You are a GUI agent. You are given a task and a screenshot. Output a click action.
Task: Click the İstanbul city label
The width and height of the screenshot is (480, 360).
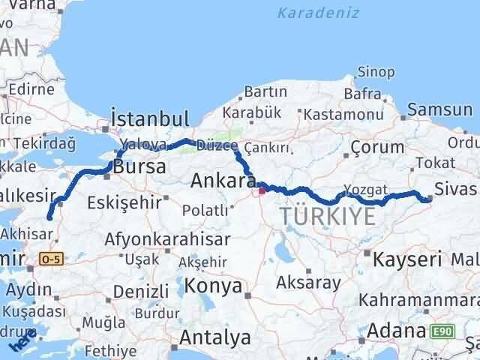(149, 118)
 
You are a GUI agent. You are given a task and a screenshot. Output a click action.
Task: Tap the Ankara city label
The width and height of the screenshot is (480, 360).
(218, 181)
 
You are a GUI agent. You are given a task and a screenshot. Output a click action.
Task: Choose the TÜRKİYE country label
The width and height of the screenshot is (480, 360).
(327, 217)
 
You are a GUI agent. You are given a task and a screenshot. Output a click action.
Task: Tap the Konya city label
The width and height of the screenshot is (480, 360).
(214, 286)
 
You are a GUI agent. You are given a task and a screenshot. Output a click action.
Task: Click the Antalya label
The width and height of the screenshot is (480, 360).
(216, 338)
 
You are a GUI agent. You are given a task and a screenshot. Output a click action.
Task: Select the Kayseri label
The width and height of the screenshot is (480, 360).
(407, 260)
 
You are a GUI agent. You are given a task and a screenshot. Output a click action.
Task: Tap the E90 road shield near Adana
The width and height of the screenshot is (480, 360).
(442, 330)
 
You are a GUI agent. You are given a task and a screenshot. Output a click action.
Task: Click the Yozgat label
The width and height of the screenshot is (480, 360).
(365, 189)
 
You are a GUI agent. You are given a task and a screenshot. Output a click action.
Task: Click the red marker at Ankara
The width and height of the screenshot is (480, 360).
(262, 190)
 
